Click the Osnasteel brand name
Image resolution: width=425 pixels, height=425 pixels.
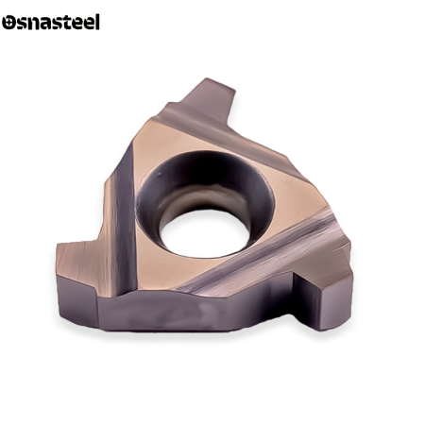point(51,22)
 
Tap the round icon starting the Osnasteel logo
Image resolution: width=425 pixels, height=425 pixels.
point(8,23)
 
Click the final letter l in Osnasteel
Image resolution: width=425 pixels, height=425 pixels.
point(97,22)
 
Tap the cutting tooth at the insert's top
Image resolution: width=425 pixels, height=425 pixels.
point(211,96)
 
